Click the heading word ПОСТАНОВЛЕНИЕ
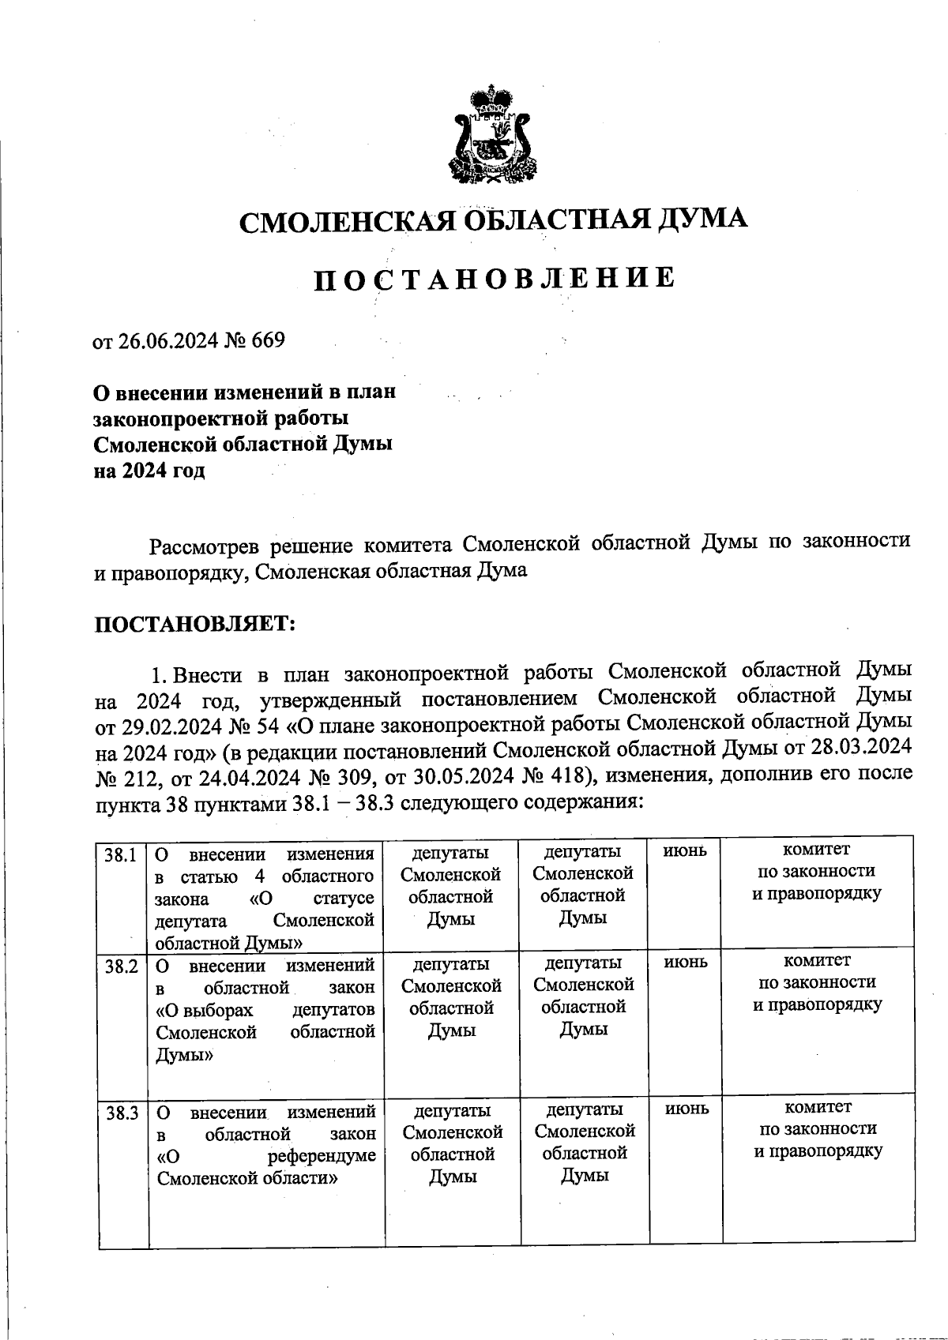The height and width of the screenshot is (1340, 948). point(495,280)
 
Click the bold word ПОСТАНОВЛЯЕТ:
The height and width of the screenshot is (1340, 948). point(195,624)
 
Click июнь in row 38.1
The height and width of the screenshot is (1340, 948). point(685,852)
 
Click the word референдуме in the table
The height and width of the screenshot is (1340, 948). point(321,1157)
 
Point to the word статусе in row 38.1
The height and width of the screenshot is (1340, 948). point(343,899)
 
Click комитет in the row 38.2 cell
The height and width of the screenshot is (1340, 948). point(817,961)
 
